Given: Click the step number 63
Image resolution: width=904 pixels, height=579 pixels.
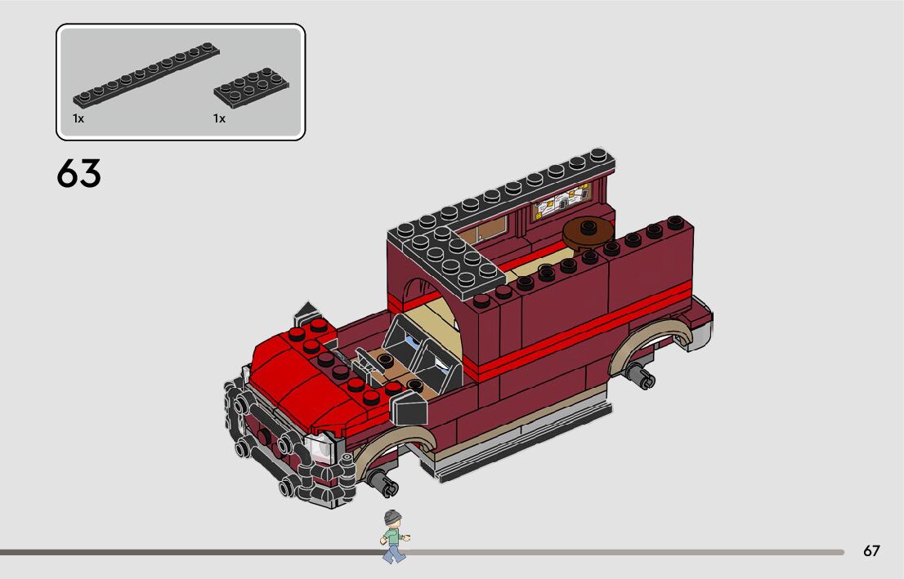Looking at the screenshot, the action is pos(79,173).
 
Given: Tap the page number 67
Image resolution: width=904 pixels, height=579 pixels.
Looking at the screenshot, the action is pos(871,550).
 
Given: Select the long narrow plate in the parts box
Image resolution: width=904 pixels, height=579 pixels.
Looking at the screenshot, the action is pos(145,75).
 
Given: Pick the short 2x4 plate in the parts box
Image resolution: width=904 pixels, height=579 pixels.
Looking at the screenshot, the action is pos(252,87).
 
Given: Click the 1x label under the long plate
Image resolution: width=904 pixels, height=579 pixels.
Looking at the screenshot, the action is pos(78,118).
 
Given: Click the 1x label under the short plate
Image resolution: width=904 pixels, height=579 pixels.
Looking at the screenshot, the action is pos(219,118).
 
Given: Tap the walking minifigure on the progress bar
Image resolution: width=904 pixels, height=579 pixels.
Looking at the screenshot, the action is pos(394,537).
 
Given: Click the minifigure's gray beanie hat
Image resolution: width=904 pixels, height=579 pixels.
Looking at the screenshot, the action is pos(392,517).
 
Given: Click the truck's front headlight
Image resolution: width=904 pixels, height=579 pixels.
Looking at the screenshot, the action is pos(320,448).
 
